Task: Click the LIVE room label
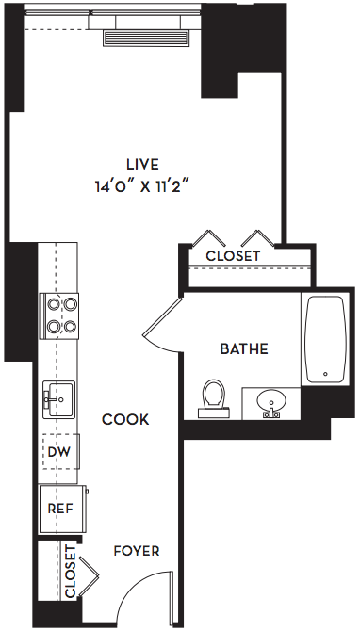coord(142,164)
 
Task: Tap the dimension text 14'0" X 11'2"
coord(142,186)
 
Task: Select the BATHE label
coord(244,348)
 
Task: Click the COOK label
coord(125,420)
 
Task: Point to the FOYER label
coord(137,551)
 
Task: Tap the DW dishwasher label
coord(58,452)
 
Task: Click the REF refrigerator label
coord(60,509)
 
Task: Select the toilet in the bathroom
coord(213,398)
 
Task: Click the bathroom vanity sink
coord(271,403)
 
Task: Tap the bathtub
coord(325,339)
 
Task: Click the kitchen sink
coord(58,399)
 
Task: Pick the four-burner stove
coord(58,315)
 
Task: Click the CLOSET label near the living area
coord(233,256)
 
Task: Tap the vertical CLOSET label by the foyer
coord(70,572)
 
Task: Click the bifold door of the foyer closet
coord(89,575)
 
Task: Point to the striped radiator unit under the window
coord(145,38)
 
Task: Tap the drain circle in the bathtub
coord(325,374)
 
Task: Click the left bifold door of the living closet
coord(208,238)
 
